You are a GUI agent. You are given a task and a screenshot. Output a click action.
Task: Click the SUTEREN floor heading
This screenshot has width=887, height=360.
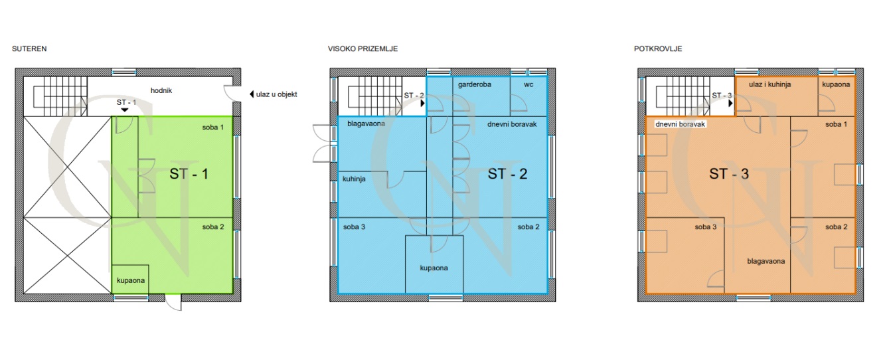tap(29, 48)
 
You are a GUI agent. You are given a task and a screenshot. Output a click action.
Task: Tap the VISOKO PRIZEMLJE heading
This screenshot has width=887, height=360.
tap(363, 48)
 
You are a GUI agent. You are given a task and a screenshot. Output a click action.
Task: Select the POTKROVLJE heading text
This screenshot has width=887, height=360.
tap(658, 48)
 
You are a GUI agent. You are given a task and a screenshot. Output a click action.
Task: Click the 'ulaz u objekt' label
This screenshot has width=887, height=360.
tap(276, 94)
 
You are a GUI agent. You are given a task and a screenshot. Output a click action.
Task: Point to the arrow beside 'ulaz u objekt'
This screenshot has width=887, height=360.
tap(252, 94)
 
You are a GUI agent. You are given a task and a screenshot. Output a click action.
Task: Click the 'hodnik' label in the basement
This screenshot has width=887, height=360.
tap(161, 90)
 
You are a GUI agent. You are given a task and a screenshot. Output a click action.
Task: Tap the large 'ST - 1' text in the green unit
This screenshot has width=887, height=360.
tap(189, 174)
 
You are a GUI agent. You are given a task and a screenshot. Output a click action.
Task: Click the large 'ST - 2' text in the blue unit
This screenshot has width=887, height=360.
tap(507, 174)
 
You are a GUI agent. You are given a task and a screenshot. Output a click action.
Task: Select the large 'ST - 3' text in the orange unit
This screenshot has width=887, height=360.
tap(728, 174)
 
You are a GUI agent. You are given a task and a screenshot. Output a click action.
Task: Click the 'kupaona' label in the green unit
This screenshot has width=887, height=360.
tap(131, 280)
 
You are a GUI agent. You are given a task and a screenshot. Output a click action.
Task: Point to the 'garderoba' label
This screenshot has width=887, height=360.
tap(475, 84)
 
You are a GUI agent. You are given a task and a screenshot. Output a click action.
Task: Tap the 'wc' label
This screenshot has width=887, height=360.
tap(528, 84)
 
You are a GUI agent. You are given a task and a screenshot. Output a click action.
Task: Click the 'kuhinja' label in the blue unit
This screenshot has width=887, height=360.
tap(354, 179)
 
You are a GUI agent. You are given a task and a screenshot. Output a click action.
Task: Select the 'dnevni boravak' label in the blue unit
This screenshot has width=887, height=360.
tap(512, 124)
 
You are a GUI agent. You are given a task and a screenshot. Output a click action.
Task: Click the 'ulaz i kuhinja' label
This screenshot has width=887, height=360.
tap(769, 84)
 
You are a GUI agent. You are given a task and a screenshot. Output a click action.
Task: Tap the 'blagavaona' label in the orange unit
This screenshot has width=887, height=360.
tap(766, 261)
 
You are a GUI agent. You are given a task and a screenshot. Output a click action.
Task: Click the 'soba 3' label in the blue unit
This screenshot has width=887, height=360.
tap(354, 227)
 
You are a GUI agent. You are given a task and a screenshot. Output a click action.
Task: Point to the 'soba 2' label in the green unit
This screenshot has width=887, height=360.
tap(213, 227)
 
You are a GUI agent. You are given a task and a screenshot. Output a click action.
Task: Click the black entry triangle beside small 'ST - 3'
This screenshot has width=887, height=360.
tap(730, 103)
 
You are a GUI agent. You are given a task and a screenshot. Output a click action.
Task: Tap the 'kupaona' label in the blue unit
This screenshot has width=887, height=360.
tap(434, 268)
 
